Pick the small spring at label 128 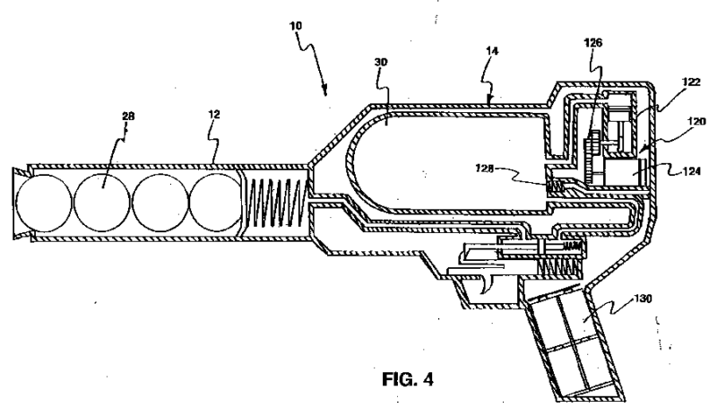[557, 183]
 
